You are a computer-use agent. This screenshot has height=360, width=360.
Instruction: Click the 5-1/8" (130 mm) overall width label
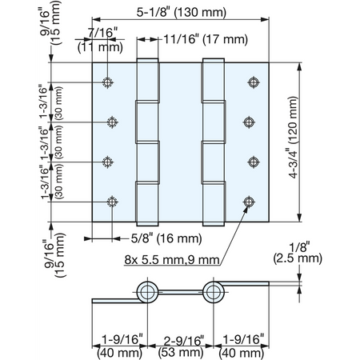pyautogui.click(x=182, y=12)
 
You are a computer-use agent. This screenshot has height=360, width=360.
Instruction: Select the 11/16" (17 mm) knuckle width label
pyautogui.click(x=206, y=39)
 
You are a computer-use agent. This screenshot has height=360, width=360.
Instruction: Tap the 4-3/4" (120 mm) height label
pyautogui.click(x=293, y=137)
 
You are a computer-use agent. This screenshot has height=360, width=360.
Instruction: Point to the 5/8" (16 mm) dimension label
pyautogui.click(x=166, y=238)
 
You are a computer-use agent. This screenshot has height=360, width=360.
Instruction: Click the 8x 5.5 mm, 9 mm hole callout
pyautogui.click(x=172, y=259)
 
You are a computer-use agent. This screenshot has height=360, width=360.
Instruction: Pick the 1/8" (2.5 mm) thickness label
pyautogui.click(x=298, y=253)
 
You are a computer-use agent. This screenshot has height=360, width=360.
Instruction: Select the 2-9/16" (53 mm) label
pyautogui.click(x=181, y=346)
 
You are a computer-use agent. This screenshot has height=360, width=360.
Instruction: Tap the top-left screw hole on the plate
pyautogui.click(x=107, y=82)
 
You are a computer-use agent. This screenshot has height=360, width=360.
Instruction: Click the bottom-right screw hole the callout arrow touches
pyautogui.click(x=249, y=202)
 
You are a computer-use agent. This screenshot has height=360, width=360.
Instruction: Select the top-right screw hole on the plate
pyautogui.click(x=254, y=82)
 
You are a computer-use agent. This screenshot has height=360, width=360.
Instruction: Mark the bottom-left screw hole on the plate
pyautogui.click(x=112, y=202)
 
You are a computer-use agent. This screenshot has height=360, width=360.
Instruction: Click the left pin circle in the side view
pyautogui.click(x=147, y=292)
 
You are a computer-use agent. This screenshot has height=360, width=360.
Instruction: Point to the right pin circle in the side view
pyautogui.click(x=213, y=292)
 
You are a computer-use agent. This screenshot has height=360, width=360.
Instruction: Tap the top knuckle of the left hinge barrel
pyautogui.click(x=147, y=80)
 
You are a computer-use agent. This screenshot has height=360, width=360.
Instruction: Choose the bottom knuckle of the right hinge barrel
pyautogui.click(x=214, y=203)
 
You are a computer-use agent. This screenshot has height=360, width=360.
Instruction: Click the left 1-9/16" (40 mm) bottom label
pyautogui.click(x=120, y=346)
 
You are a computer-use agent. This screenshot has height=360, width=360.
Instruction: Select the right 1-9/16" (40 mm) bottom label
pyautogui.click(x=242, y=346)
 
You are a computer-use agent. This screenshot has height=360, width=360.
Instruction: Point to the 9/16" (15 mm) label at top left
pyautogui.click(x=50, y=22)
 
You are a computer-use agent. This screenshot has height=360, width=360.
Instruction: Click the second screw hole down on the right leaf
pyautogui.click(x=249, y=122)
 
